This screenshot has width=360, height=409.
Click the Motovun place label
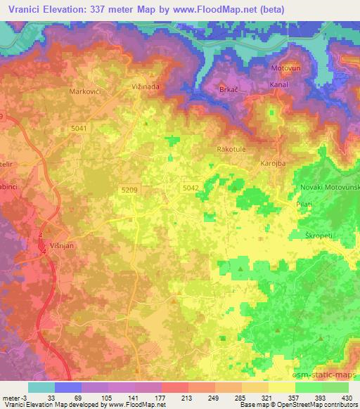(285, 69)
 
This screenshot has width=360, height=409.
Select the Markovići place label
(86, 92)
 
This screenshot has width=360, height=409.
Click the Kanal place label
(280, 85)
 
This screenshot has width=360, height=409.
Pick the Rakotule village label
(233, 150)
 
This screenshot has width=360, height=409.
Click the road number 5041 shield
(79, 127)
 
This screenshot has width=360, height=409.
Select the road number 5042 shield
(190, 188)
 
